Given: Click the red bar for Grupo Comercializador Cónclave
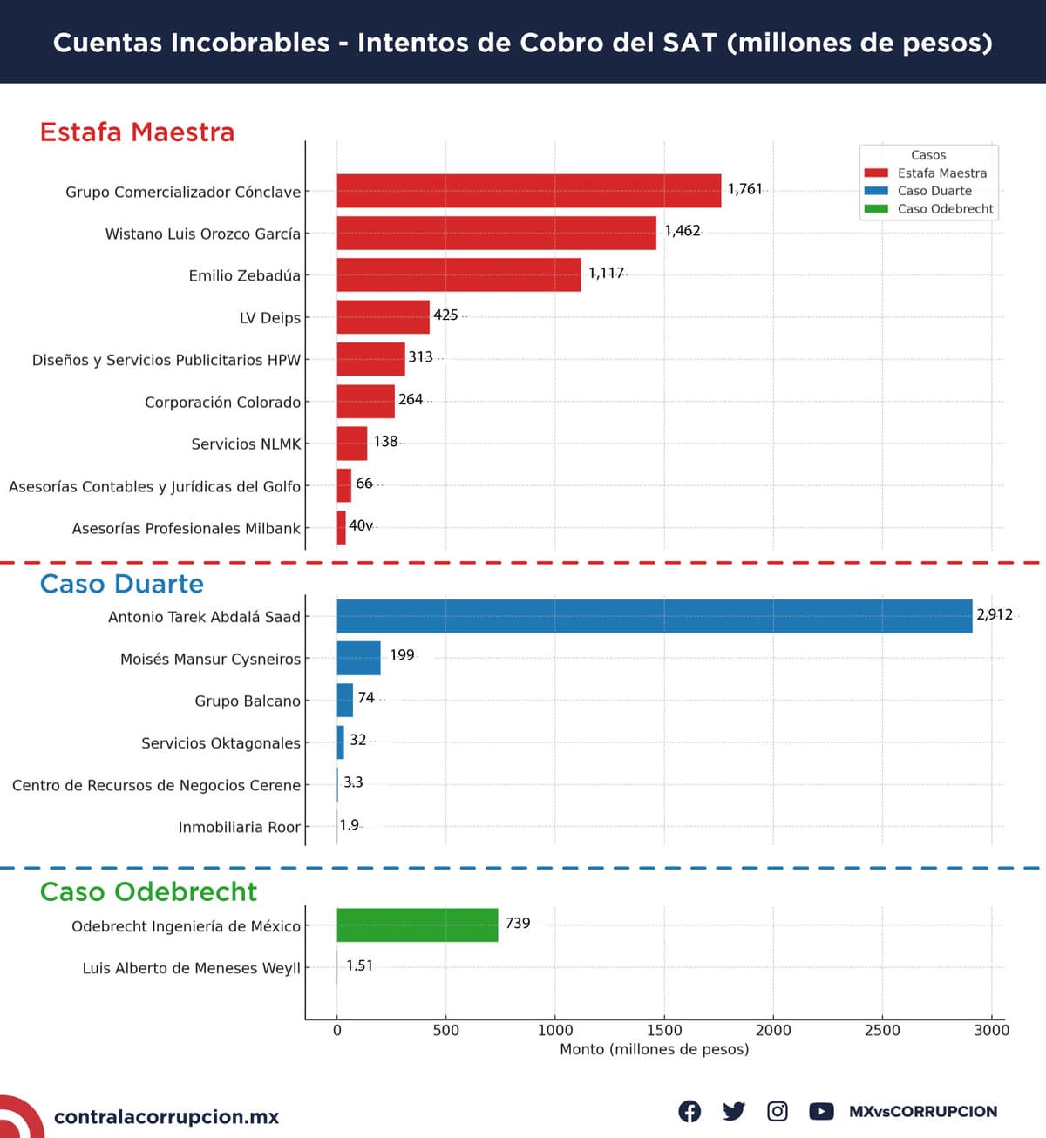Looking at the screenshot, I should point(528,191).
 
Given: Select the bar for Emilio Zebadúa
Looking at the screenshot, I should point(458,274).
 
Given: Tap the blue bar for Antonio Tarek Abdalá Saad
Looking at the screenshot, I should point(654,616).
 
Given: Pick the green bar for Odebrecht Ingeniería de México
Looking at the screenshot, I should point(417,925).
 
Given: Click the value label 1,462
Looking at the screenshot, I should point(683,231).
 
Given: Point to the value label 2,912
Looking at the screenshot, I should point(995,614).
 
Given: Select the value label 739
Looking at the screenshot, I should point(518,923).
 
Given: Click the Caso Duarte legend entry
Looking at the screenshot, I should point(934,191).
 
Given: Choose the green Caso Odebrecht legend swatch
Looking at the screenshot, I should point(876,209).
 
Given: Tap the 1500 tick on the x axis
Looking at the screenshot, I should point(664,1030).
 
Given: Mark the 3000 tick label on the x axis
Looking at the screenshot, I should point(991,1030).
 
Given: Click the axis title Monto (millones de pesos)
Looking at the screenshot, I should point(654,1049).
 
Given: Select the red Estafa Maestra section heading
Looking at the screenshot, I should point(137,132).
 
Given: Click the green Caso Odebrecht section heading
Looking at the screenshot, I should point(148,891).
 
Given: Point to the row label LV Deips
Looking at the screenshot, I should point(270,318).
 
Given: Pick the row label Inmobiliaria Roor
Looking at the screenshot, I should point(239,827).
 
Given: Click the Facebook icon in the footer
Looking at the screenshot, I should point(689,1111).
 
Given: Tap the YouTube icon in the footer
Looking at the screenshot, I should point(821,1111).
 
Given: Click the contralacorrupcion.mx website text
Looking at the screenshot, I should point(166,1117).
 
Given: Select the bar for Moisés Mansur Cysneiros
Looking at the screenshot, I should point(358,658).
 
